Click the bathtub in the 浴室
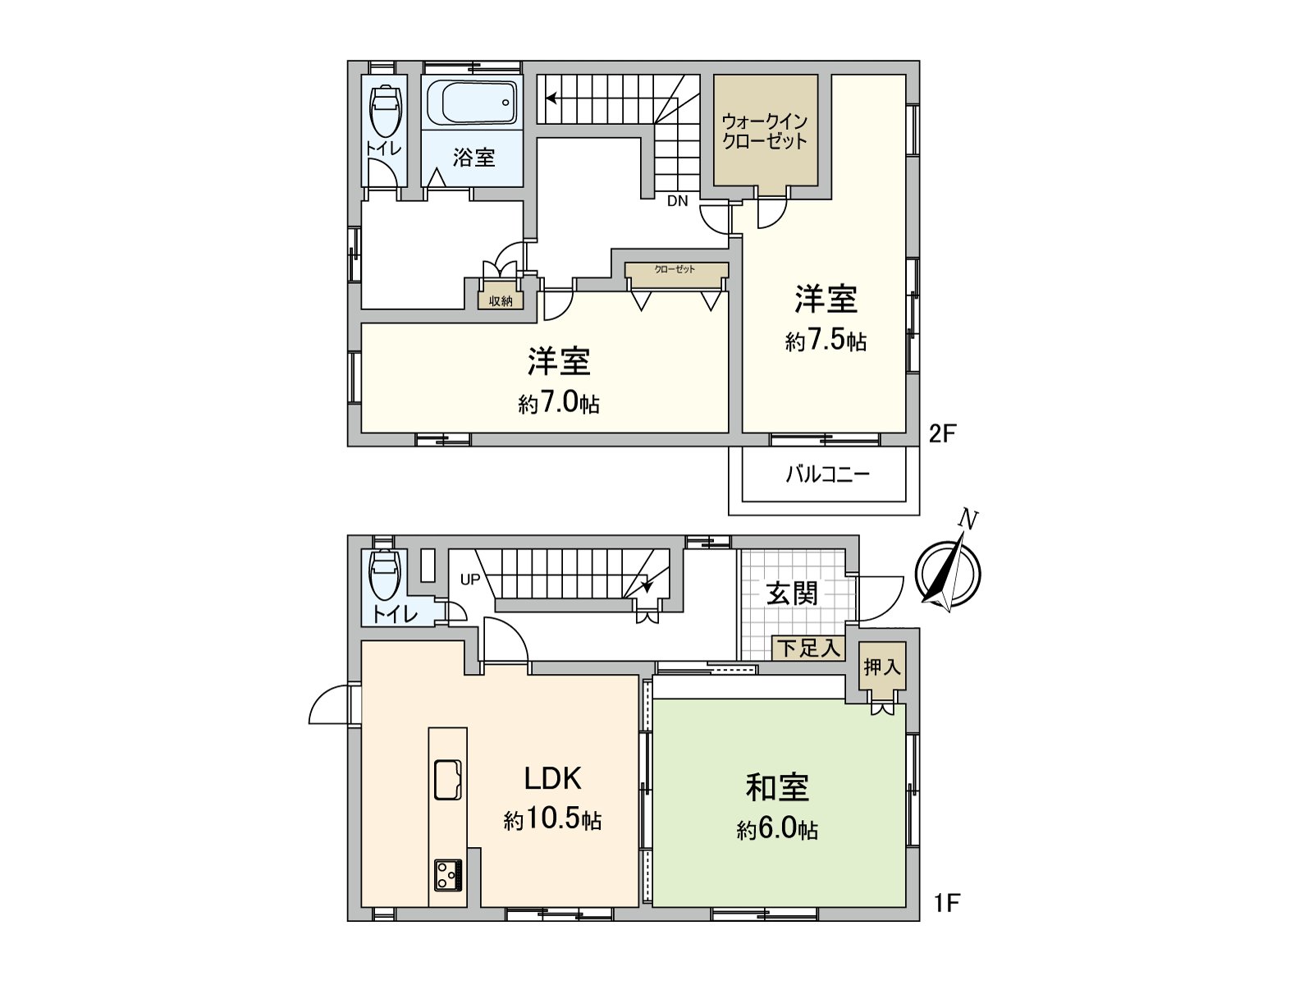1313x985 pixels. [x=472, y=104]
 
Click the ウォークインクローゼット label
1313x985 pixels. [x=765, y=131]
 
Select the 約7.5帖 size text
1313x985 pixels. [x=826, y=341]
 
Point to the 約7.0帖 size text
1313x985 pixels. [x=559, y=404]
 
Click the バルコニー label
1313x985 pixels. [x=827, y=474]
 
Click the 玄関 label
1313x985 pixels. [x=792, y=593]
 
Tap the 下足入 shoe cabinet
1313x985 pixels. [x=809, y=648]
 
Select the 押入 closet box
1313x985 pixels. [x=882, y=667]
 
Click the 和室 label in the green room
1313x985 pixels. [x=777, y=786]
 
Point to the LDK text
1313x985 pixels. [x=553, y=777]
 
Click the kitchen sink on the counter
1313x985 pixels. [x=447, y=778]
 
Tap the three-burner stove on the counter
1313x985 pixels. [x=448, y=874]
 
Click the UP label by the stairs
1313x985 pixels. [x=470, y=580]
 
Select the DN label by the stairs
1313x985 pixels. [x=677, y=201]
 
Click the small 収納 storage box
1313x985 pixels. [x=501, y=300]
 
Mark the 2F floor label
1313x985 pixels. [x=943, y=433]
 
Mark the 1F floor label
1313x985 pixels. [x=946, y=903]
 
